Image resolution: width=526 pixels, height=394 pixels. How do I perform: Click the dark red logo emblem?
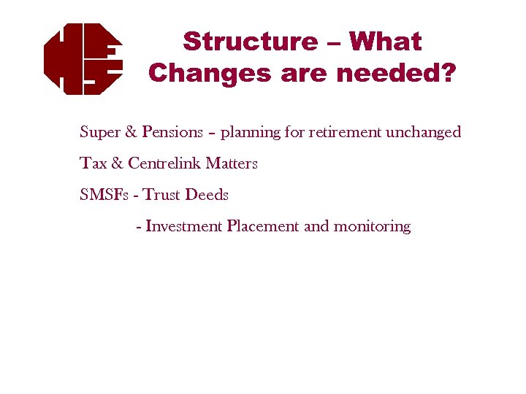click(x=83, y=59)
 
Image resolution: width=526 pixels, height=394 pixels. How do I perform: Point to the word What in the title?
click(x=385, y=42)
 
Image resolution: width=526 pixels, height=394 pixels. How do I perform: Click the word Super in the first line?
click(x=100, y=132)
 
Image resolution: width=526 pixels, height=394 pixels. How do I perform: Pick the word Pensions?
click(x=172, y=132)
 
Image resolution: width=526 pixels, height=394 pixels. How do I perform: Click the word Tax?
click(x=93, y=163)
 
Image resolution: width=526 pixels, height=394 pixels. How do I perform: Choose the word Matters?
click(x=232, y=163)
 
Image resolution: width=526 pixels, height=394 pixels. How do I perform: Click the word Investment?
click(x=184, y=226)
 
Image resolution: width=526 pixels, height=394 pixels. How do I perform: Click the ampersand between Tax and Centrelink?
click(x=117, y=163)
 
